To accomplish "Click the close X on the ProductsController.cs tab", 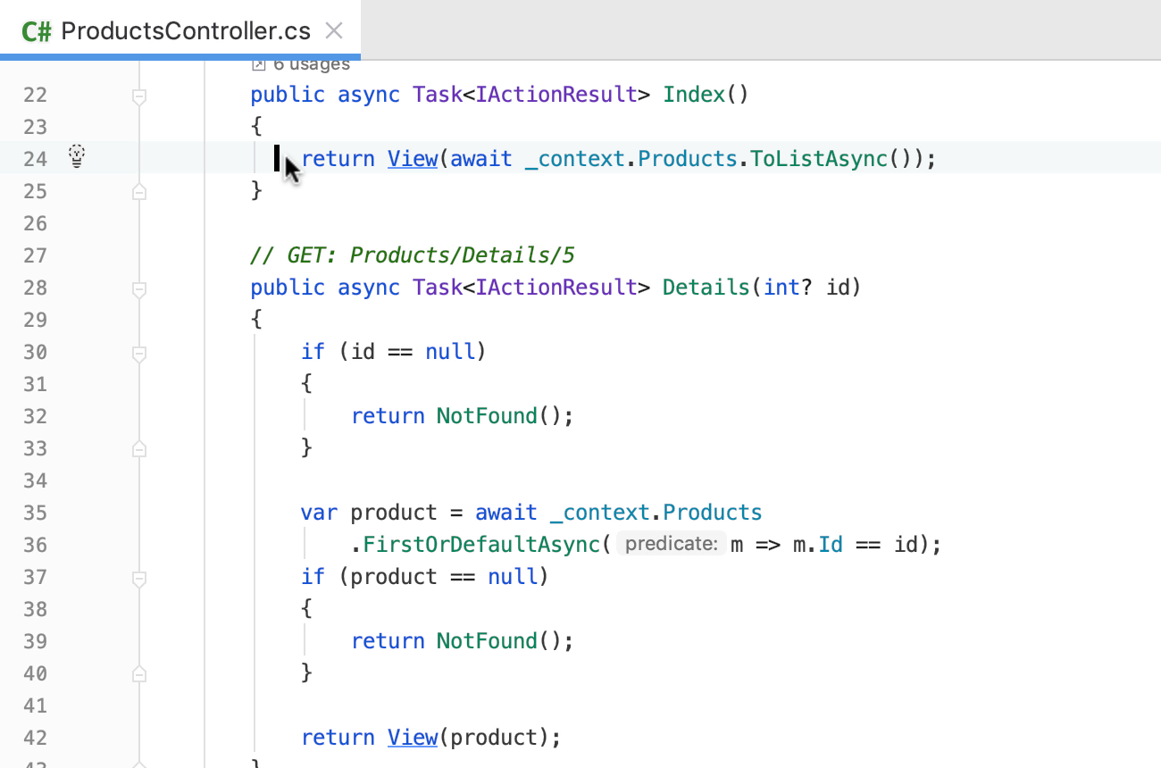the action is tap(334, 31).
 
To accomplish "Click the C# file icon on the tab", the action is tap(37, 31).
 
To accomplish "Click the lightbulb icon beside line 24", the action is tap(77, 156).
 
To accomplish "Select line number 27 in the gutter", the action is tap(35, 256).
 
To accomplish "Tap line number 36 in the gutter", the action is tap(35, 545).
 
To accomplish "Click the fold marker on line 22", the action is tap(139, 96).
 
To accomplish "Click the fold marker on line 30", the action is tap(139, 354).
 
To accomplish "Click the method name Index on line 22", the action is tap(694, 95).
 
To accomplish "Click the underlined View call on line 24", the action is tap(413, 159).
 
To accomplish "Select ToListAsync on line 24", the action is tap(818, 159).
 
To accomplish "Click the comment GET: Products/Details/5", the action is tap(430, 255).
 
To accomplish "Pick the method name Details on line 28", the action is tap(706, 288).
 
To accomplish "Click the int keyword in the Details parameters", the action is tap(781, 288).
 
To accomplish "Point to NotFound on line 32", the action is tap(487, 416).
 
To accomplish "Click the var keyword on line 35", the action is tap(319, 513).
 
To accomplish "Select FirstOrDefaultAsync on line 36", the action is tap(481, 545).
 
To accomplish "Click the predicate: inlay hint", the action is tap(672, 544).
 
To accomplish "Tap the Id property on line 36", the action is tap(831, 545).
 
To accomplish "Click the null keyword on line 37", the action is tap(513, 577).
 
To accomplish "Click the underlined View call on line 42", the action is tap(413, 738).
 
